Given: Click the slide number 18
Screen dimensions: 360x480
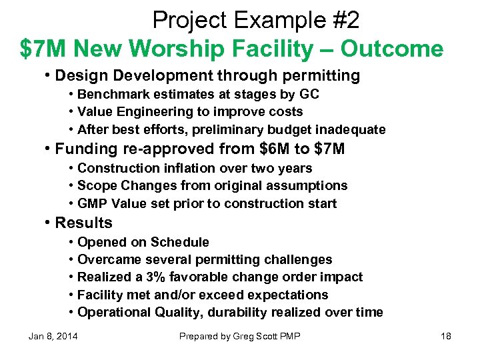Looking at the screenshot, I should [446, 336].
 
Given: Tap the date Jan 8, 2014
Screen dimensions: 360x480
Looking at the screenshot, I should [53, 336].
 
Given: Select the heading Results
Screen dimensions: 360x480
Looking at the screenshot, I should [83, 223].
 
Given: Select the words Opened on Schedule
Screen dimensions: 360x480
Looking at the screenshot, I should [143, 242].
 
